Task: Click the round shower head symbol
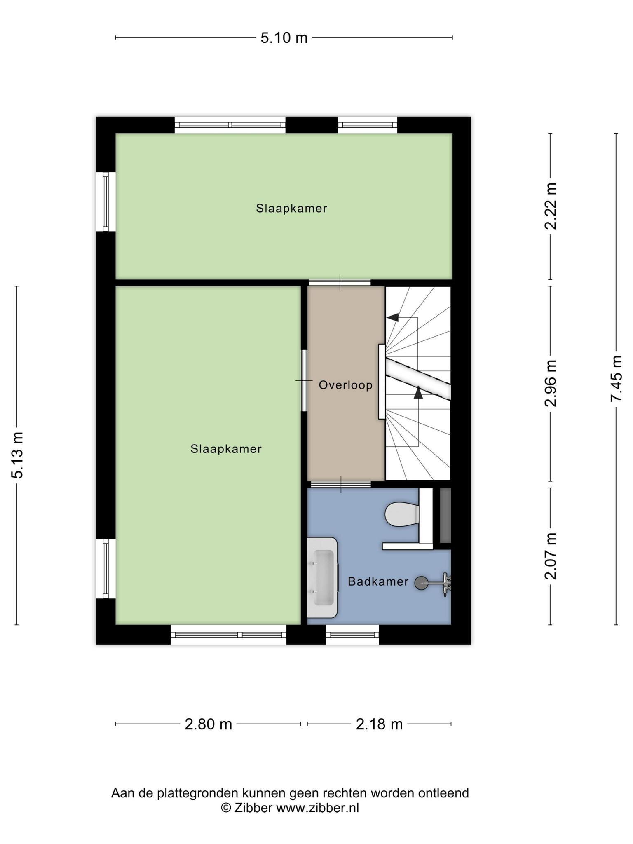421,583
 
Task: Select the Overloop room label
346,385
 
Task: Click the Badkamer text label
378,581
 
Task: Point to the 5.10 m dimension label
284,38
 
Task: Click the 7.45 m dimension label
617,378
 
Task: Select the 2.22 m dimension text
551,206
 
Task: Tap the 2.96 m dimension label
551,383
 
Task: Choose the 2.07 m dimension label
551,556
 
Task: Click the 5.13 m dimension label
17,455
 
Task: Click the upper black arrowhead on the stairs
392,317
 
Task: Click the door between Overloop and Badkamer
341,484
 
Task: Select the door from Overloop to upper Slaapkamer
340,283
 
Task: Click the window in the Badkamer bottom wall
352,635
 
